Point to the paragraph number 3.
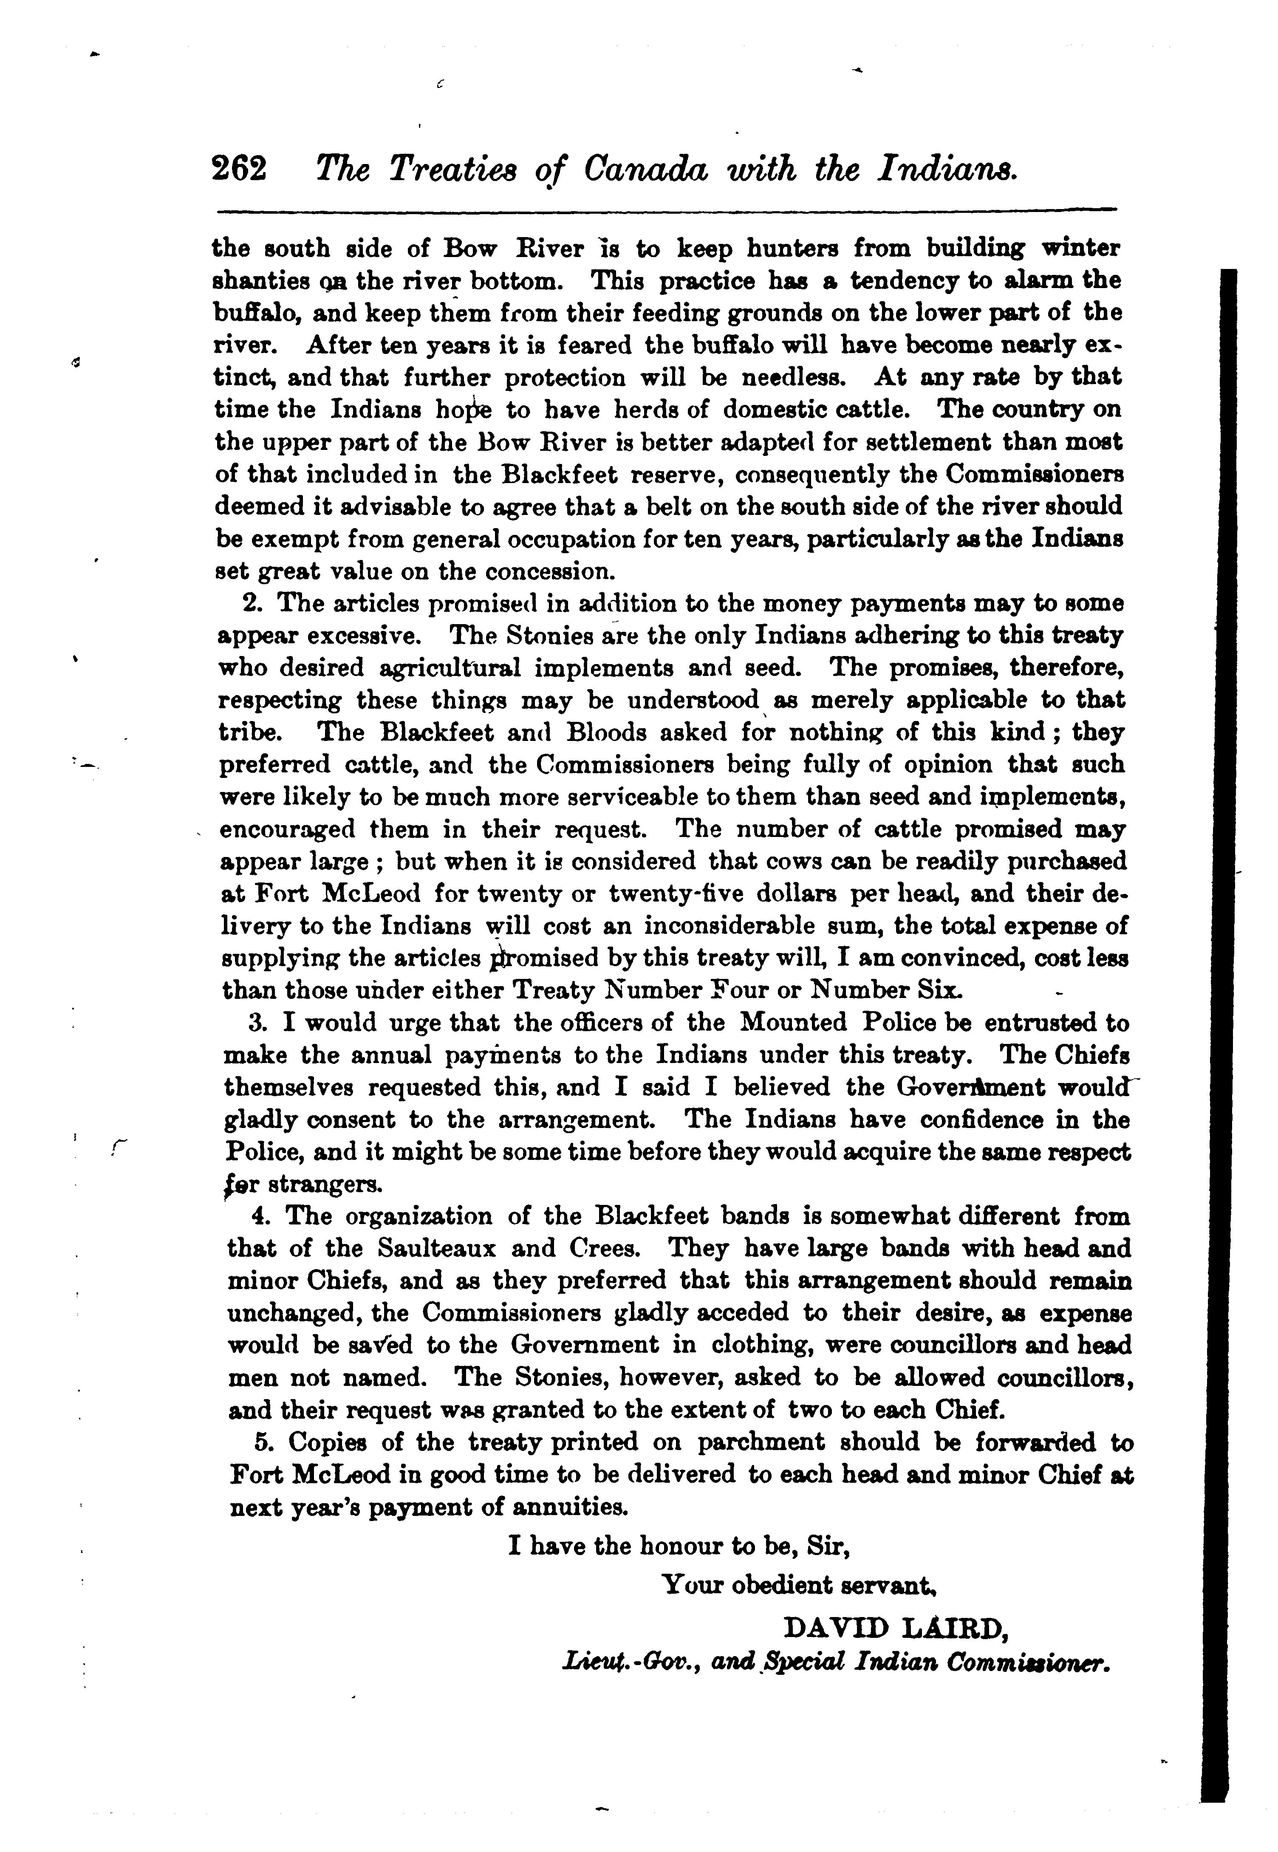click(x=256, y=1023)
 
